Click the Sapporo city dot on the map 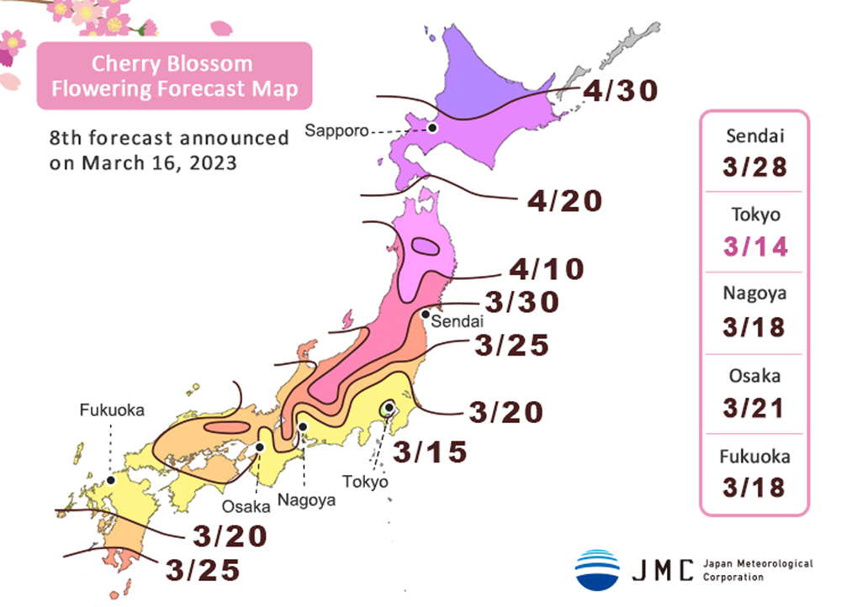(431, 128)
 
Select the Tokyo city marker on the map (389, 409)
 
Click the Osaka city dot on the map (261, 447)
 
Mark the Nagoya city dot (304, 428)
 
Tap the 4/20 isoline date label (565, 202)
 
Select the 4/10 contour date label (546, 269)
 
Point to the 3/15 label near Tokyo (430, 452)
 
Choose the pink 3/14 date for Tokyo (754, 246)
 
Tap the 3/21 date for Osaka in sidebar (754, 408)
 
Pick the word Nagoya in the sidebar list (754, 294)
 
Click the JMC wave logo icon (597, 569)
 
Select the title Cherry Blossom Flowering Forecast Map (174, 76)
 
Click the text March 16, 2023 (159, 163)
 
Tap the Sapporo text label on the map (333, 130)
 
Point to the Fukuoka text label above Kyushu (112, 411)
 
